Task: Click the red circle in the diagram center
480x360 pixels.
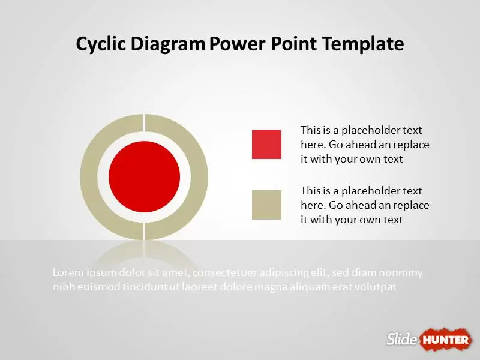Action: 144,176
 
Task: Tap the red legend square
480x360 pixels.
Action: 266,144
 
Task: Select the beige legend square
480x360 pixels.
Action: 266,205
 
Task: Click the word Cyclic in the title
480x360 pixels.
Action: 101,44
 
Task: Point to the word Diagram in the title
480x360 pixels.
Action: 168,44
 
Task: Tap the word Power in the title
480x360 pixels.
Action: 237,44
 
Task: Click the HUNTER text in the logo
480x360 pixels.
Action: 445,340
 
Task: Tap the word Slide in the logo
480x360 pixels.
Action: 401,339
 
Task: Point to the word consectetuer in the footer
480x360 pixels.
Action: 224,272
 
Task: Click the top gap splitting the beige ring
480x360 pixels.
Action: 144,123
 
